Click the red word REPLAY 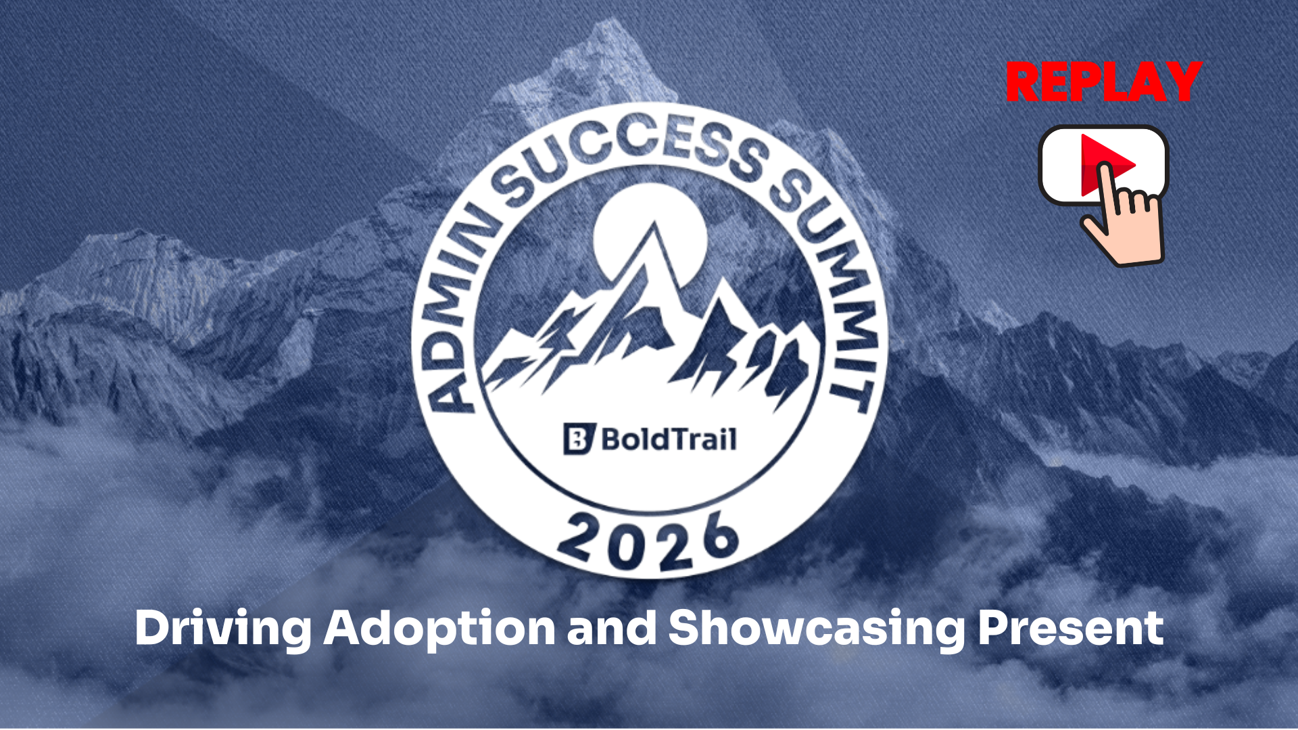1103,82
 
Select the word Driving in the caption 223,629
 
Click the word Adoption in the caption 439,629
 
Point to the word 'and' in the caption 612,628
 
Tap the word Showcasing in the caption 817,629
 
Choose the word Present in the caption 1071,628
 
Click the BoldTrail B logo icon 579,439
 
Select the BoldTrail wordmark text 669,439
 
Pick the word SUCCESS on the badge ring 632,152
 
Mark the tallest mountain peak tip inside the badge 654,223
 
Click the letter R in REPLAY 1022,82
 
